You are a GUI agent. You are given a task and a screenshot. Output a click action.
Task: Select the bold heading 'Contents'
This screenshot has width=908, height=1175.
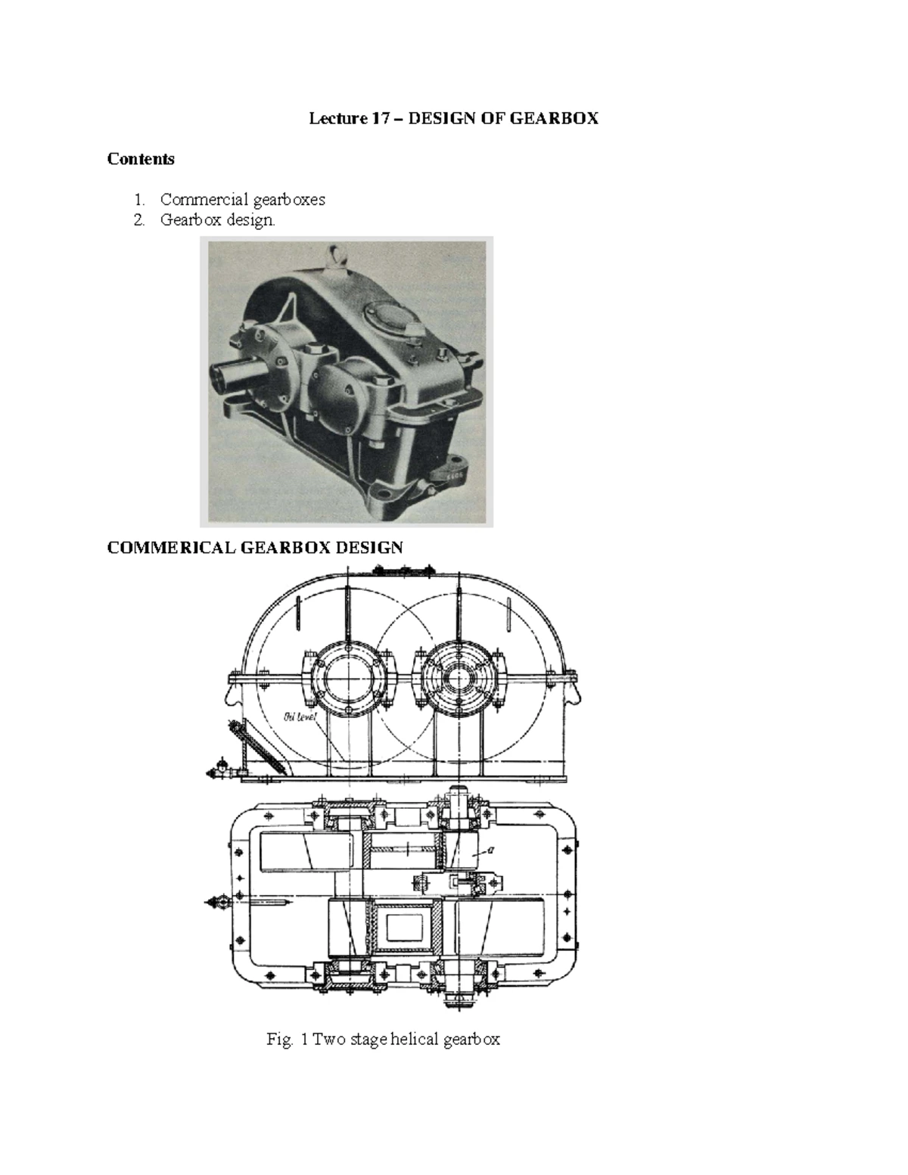[141, 159]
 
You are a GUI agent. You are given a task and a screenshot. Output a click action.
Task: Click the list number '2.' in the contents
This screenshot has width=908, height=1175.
[139, 221]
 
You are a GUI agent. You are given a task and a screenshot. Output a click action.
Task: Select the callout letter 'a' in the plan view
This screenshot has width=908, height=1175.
[490, 850]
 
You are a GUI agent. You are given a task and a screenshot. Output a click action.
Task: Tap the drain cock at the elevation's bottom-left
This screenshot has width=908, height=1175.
[221, 769]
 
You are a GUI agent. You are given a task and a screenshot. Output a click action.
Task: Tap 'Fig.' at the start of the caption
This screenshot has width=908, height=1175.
[278, 1040]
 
